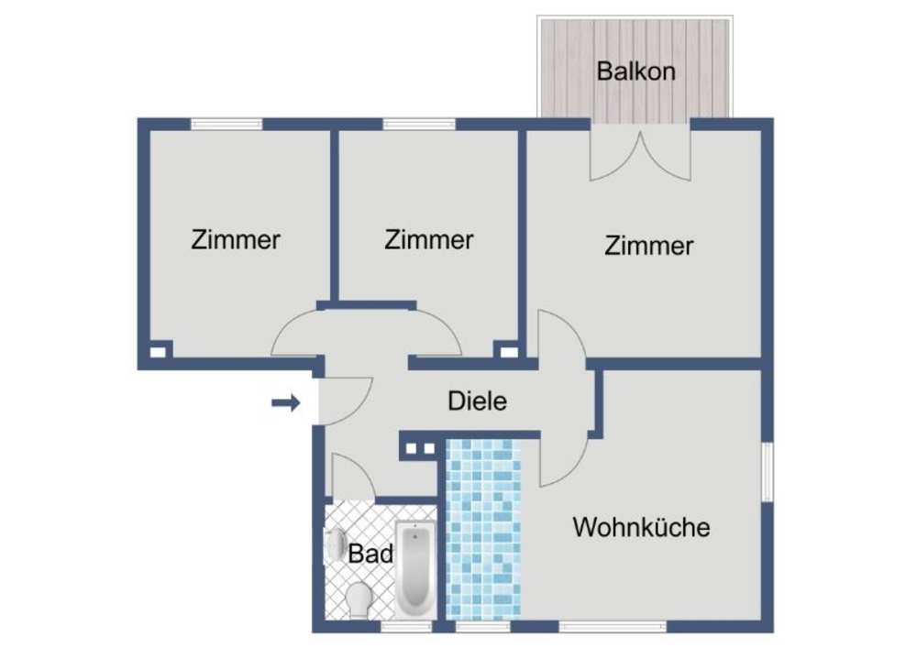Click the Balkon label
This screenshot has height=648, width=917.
[x=635, y=71]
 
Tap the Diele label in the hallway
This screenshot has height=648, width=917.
[x=477, y=401]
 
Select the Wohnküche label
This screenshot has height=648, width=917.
[x=641, y=527]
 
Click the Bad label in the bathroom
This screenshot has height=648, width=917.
[x=370, y=554]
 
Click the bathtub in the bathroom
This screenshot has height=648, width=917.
[x=415, y=568]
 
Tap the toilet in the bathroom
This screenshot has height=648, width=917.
[x=359, y=599]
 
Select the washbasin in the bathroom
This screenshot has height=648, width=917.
[x=334, y=545]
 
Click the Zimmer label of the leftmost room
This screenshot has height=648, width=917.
[x=236, y=240]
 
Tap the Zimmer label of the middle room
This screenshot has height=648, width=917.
[x=428, y=240]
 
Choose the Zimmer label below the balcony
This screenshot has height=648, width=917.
[x=648, y=246]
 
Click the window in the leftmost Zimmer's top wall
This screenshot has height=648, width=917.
[x=226, y=125]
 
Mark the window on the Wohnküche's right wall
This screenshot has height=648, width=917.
[x=768, y=472]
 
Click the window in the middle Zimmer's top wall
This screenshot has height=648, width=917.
[x=418, y=125]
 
